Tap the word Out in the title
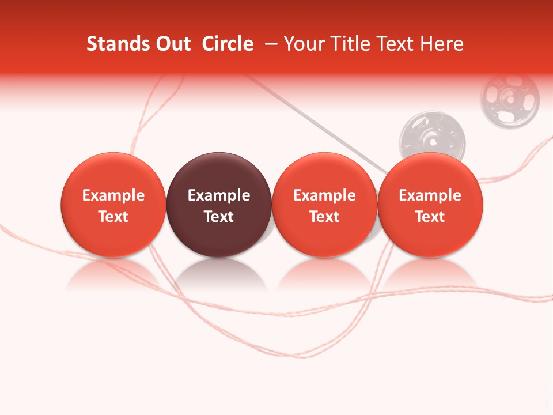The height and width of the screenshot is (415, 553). point(172,44)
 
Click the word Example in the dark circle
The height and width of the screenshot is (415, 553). point(219,195)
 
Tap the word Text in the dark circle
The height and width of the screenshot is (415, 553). point(219,217)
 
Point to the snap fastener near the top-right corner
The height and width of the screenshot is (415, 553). point(510,98)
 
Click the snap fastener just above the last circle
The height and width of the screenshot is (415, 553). point(432,136)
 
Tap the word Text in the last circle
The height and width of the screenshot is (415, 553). point(430,217)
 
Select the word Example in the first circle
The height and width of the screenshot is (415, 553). point(113,195)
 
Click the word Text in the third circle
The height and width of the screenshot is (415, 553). point(324,217)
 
